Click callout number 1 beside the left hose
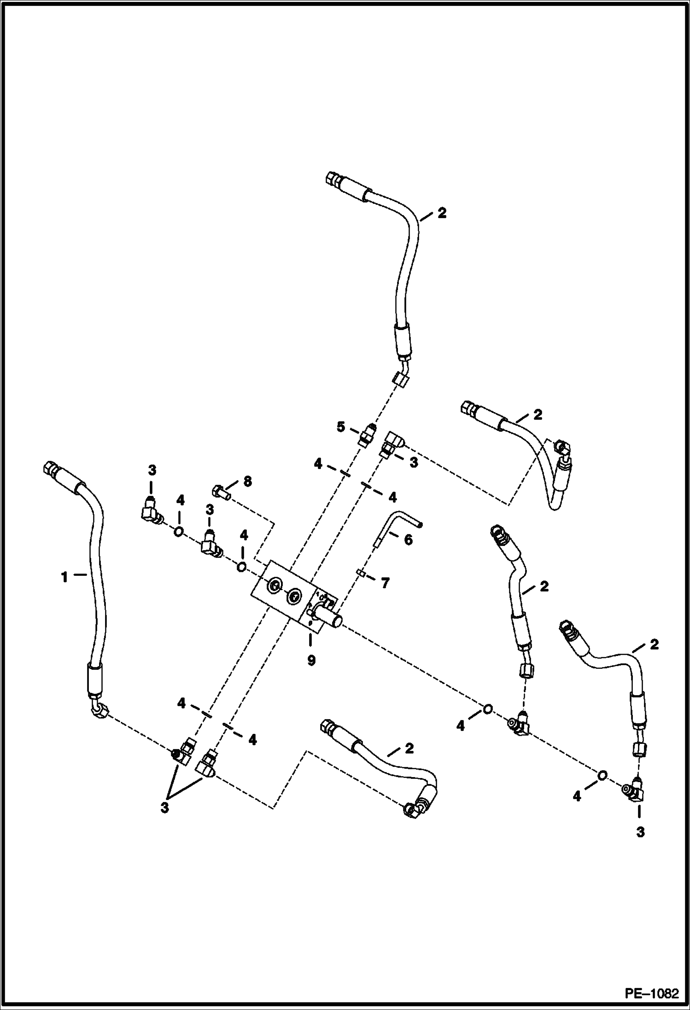[x=65, y=576]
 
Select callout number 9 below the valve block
[x=311, y=661]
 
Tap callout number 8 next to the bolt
[x=247, y=482]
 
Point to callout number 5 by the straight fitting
[x=340, y=427]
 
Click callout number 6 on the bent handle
[x=408, y=540]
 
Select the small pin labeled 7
[x=361, y=573]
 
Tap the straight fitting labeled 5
[x=367, y=435]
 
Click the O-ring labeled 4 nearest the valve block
[x=241, y=566]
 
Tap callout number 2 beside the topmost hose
[x=442, y=213]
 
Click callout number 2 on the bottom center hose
[x=409, y=748]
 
